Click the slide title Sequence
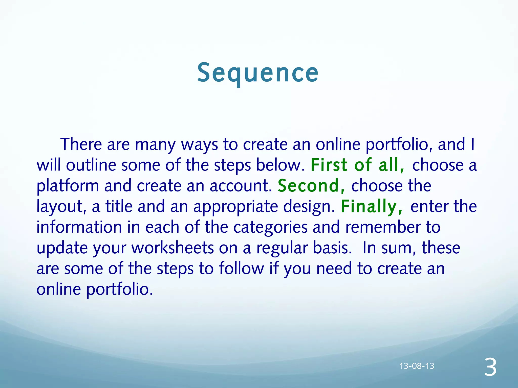(x=258, y=73)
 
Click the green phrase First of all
(x=357, y=165)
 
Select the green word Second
(x=311, y=186)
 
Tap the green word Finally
(x=371, y=206)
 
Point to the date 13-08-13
(x=417, y=366)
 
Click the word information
(x=79, y=227)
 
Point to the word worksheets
(x=172, y=248)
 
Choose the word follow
(x=241, y=268)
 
